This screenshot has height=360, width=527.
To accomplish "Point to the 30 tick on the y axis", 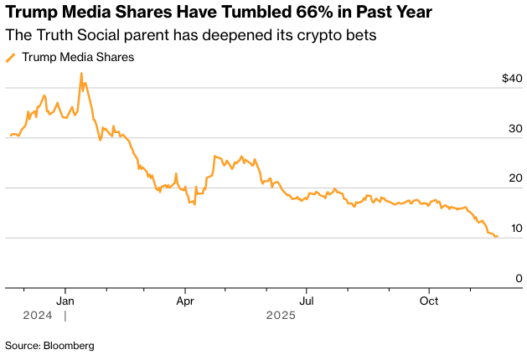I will pos(515,129).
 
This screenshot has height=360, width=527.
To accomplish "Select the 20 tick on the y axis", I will pos(515,178).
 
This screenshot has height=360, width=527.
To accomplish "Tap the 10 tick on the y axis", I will pos(515,229).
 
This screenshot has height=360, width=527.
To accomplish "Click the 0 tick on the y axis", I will pos(519,278).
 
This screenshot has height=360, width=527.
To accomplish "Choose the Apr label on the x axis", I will pos(185,299).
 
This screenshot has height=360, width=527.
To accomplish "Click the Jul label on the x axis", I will pos(307,299).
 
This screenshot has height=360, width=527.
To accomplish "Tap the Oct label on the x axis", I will pos(428,299).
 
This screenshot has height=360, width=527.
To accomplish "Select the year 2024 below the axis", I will pos(38,316).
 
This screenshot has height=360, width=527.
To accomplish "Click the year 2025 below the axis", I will pos(281,316).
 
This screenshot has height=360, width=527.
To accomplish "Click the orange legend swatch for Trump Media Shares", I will pos(11,58).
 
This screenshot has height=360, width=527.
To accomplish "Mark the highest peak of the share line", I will pos(81,73).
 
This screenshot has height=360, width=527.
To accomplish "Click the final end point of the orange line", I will pos(497,236).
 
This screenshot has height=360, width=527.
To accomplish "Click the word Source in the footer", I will pos(23,345).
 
